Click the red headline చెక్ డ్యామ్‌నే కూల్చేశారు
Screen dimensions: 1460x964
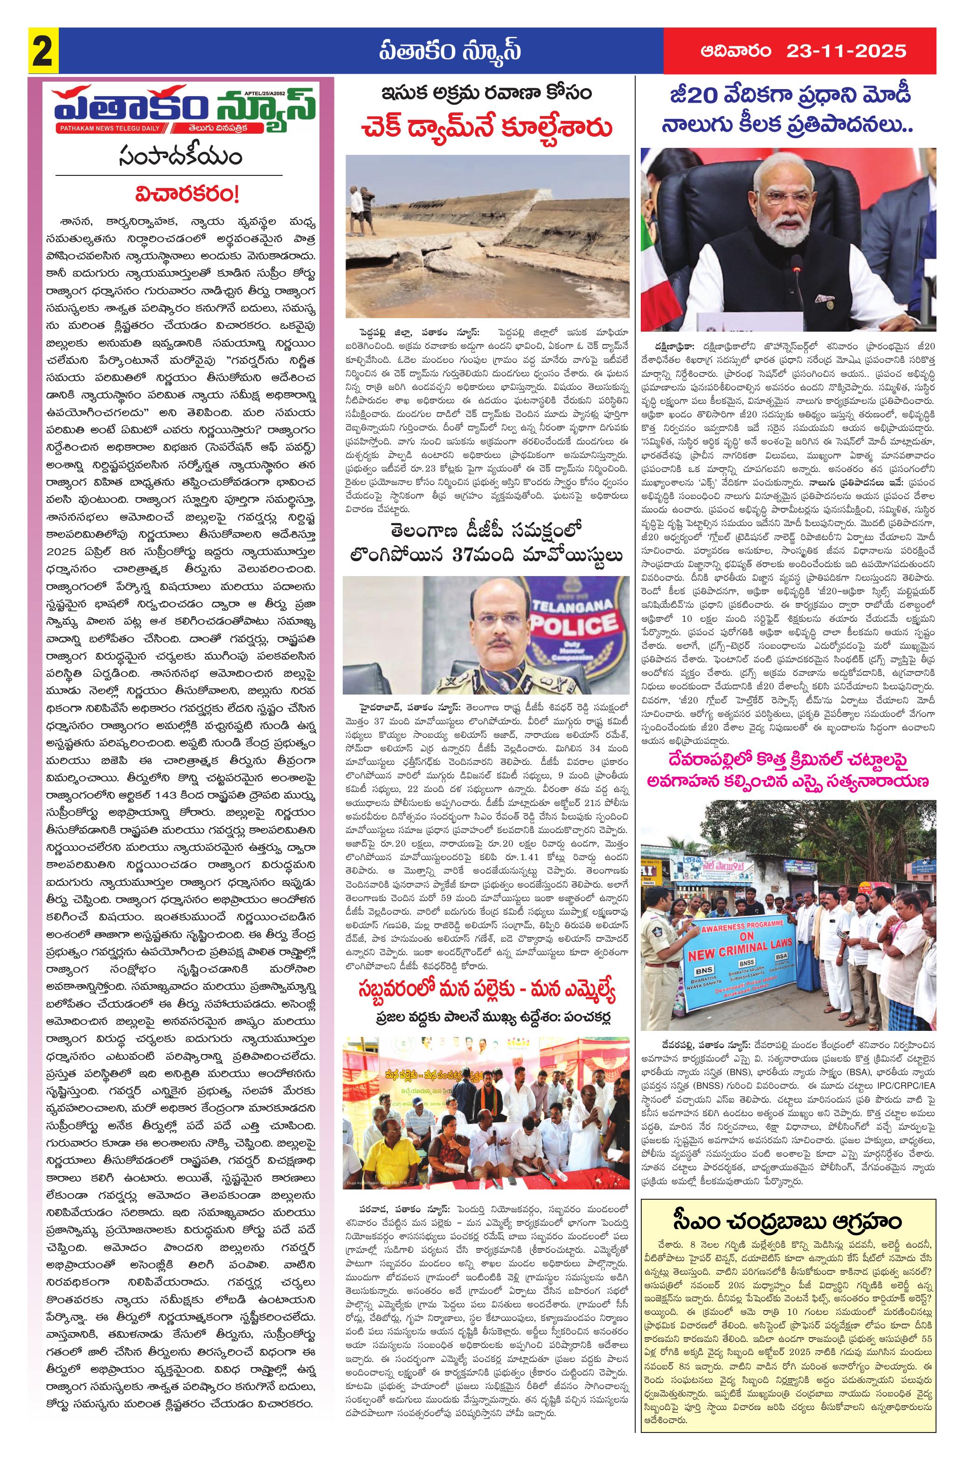487,129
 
